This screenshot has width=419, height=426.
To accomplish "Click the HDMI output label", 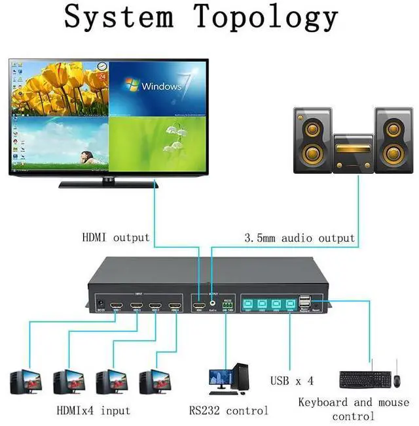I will [x=116, y=238].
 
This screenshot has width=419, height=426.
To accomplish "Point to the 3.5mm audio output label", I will [x=299, y=238].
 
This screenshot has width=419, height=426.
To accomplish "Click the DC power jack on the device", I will [x=101, y=304].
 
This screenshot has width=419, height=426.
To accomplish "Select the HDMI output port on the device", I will [x=198, y=304].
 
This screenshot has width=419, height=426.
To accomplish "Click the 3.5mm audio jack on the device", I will [x=212, y=304].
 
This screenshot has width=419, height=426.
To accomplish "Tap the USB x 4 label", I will [x=292, y=380].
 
